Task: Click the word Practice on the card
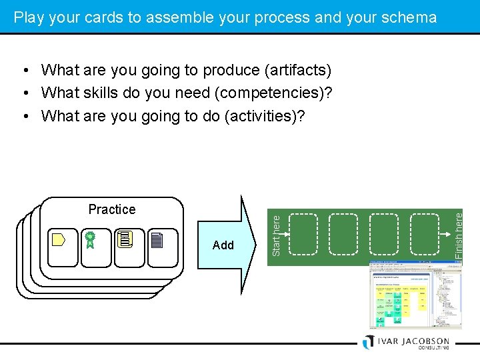click(111, 209)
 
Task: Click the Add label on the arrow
click(223, 245)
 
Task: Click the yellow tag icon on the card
click(59, 239)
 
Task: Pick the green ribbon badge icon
click(90, 239)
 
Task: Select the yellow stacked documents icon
click(125, 239)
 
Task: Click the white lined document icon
click(157, 240)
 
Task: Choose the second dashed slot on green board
click(344, 234)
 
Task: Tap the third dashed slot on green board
click(384, 234)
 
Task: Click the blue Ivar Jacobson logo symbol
click(368, 341)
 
